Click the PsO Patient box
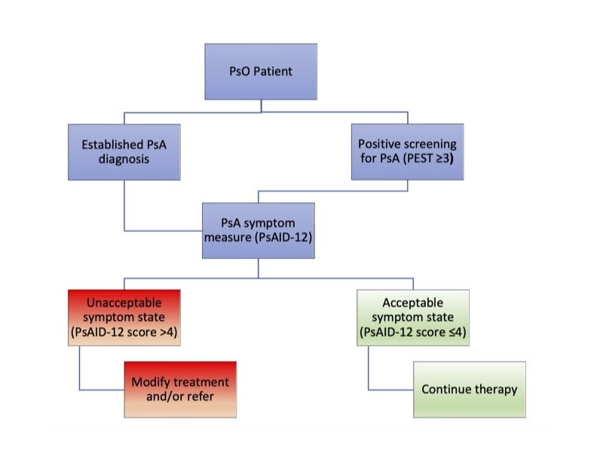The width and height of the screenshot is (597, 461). (261, 72)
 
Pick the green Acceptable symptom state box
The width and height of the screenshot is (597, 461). (413, 317)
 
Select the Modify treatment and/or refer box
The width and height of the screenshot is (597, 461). (180, 389)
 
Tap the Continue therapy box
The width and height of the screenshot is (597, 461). (470, 389)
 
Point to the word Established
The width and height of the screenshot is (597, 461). (113, 144)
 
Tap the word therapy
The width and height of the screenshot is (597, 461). (496, 389)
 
